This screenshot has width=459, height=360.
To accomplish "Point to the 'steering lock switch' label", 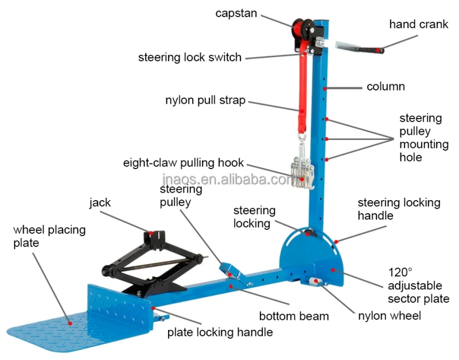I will coord(190,57).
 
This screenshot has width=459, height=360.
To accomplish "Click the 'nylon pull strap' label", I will coord(205,100).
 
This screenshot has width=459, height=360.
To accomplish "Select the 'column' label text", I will coord(386,87).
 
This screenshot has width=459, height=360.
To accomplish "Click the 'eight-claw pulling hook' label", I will coord(184,162).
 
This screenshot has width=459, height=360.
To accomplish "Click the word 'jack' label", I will coord(100,202).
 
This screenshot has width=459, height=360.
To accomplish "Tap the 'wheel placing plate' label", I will coord(49,236).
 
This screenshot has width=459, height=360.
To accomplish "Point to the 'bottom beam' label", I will coord(294,316).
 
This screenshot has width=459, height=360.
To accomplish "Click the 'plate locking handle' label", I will coord(220,332).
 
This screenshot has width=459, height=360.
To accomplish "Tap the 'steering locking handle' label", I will coord(399,209).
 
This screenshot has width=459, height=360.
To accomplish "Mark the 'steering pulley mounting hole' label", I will coord(423,138).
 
